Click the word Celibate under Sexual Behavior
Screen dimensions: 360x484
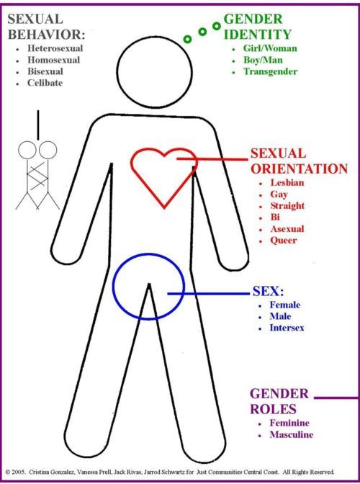[45, 83]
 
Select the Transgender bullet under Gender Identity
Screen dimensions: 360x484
[271, 71]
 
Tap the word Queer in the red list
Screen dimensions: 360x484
[284, 240]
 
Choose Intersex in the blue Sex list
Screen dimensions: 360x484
[287, 328]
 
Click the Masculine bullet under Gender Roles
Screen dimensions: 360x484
[292, 434]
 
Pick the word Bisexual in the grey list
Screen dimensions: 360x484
[45, 71]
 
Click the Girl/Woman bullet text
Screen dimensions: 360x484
[270, 48]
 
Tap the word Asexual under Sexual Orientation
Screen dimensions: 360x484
[287, 229]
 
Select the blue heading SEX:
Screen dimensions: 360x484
[268, 291]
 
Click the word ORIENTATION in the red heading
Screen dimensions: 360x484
[300, 169]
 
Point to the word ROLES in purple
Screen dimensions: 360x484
[273, 409]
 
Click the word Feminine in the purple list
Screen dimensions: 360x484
[289, 423]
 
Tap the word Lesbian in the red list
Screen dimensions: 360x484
[287, 182]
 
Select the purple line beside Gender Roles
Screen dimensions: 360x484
[336, 398]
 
